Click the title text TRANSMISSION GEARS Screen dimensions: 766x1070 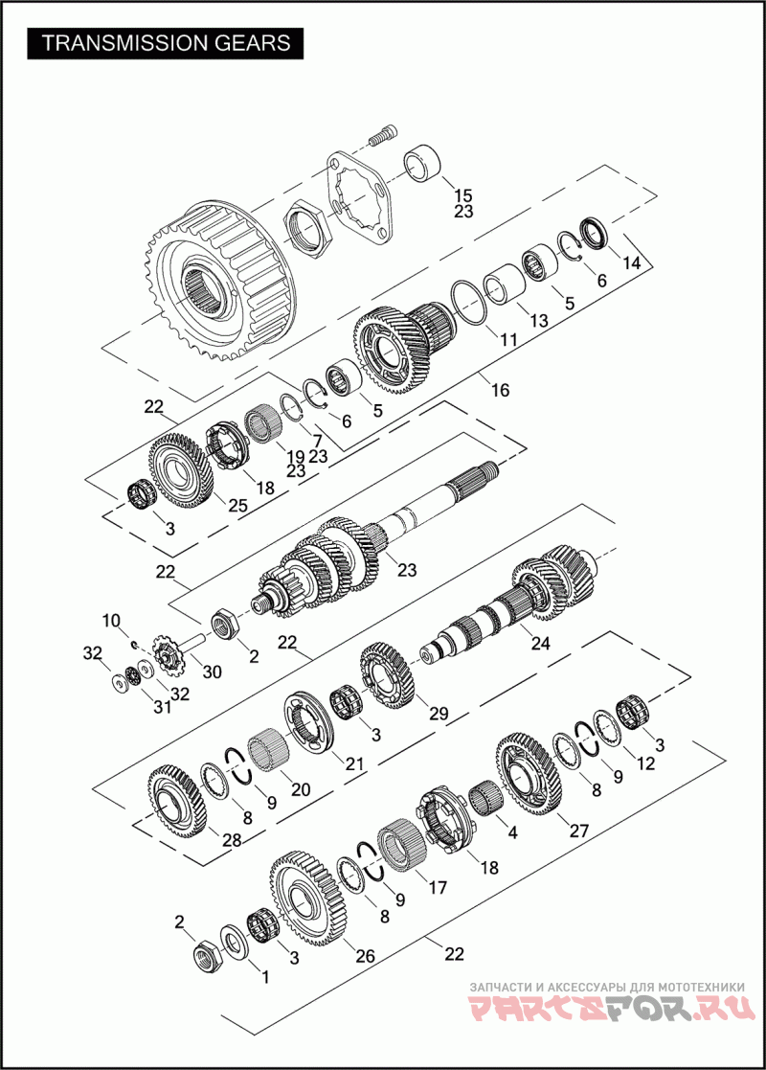(167, 43)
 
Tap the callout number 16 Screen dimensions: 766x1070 (500, 390)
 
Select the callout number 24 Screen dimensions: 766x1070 (540, 644)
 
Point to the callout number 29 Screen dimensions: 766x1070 (439, 714)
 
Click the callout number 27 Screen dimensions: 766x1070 (580, 831)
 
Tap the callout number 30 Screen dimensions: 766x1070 (212, 672)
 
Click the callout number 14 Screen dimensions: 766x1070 (630, 263)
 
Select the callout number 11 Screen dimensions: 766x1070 (507, 338)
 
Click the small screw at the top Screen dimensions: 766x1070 (382, 136)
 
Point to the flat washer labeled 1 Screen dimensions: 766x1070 (234, 940)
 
